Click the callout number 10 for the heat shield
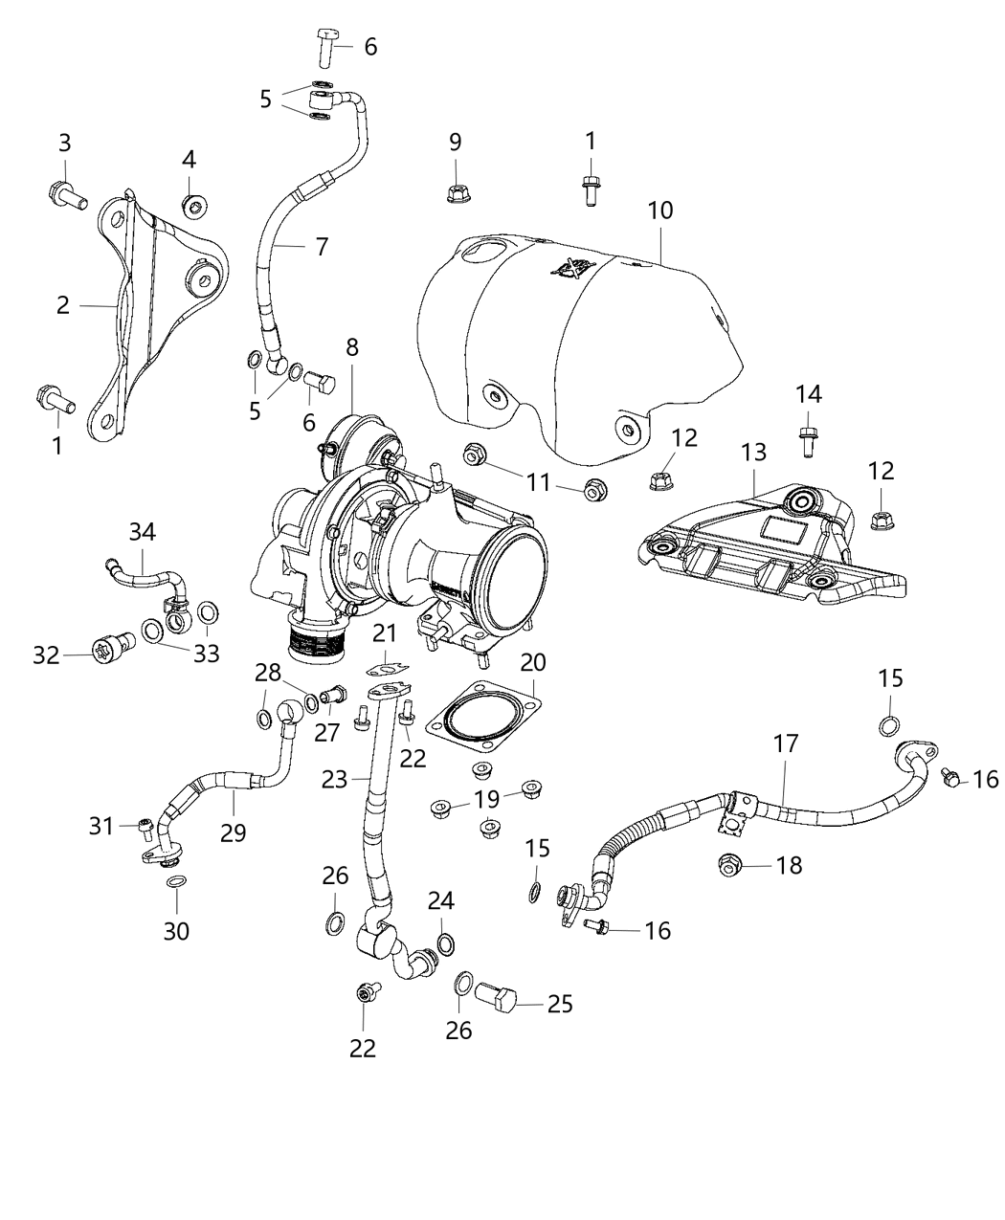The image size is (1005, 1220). coord(660,209)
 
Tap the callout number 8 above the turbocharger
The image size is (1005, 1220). coord(352,346)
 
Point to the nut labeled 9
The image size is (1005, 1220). coord(456,194)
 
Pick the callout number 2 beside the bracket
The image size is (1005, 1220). coord(63,305)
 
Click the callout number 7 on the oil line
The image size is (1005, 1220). coord(321,247)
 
